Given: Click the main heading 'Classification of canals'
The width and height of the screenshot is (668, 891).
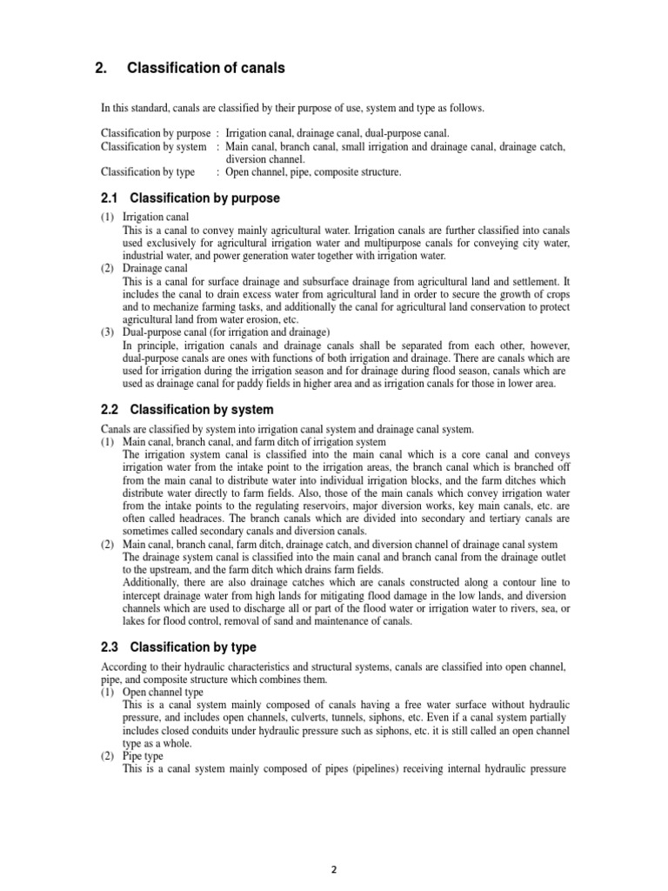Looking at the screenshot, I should pyautogui.click(x=205, y=68).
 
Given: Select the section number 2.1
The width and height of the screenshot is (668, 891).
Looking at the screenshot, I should pyautogui.click(x=110, y=198).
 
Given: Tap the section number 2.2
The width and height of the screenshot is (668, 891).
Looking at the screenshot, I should pyautogui.click(x=110, y=409).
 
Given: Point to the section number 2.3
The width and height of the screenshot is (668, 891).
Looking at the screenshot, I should pyautogui.click(x=110, y=647).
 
